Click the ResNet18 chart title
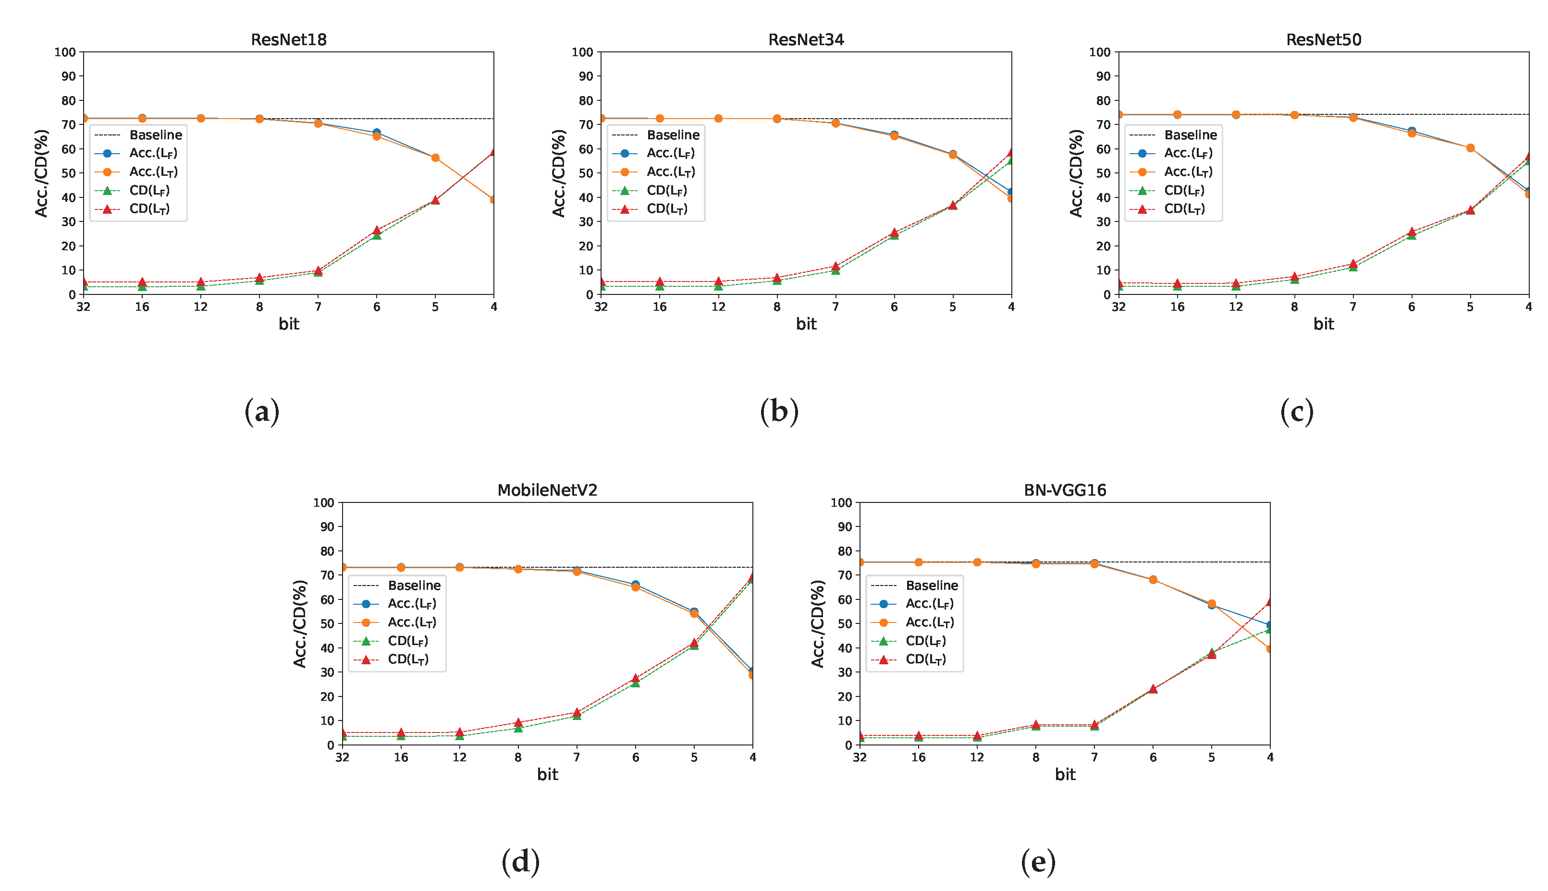pyautogui.click(x=288, y=40)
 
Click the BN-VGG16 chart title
pyautogui.click(x=1065, y=490)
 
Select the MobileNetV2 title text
pyautogui.click(x=547, y=490)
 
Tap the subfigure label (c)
pyautogui.click(x=1296, y=412)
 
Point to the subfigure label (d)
pyautogui.click(x=520, y=862)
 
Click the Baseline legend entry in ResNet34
pyautogui.click(x=672, y=134)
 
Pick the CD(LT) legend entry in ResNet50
pyautogui.click(x=1184, y=208)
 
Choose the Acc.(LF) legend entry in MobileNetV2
pyautogui.click(x=411, y=603)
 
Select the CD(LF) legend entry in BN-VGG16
pyautogui.click(x=925, y=641)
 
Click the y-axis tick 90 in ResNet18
pyautogui.click(x=68, y=76)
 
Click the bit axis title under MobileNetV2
pyautogui.click(x=547, y=775)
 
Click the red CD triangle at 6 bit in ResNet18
pyautogui.click(x=377, y=231)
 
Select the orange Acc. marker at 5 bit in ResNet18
pyautogui.click(x=435, y=158)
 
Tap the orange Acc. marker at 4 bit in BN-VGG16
pyautogui.click(x=1269, y=648)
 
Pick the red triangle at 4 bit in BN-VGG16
pyautogui.click(x=1269, y=602)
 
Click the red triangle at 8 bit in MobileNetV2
pyautogui.click(x=518, y=723)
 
